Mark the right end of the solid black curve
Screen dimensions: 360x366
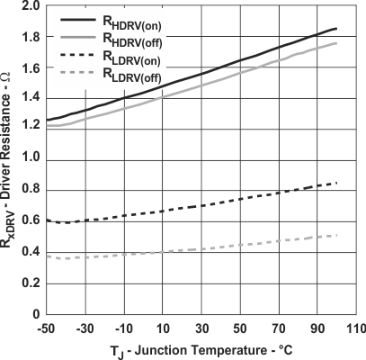(x=336, y=28)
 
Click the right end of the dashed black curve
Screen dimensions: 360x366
(x=336, y=183)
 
